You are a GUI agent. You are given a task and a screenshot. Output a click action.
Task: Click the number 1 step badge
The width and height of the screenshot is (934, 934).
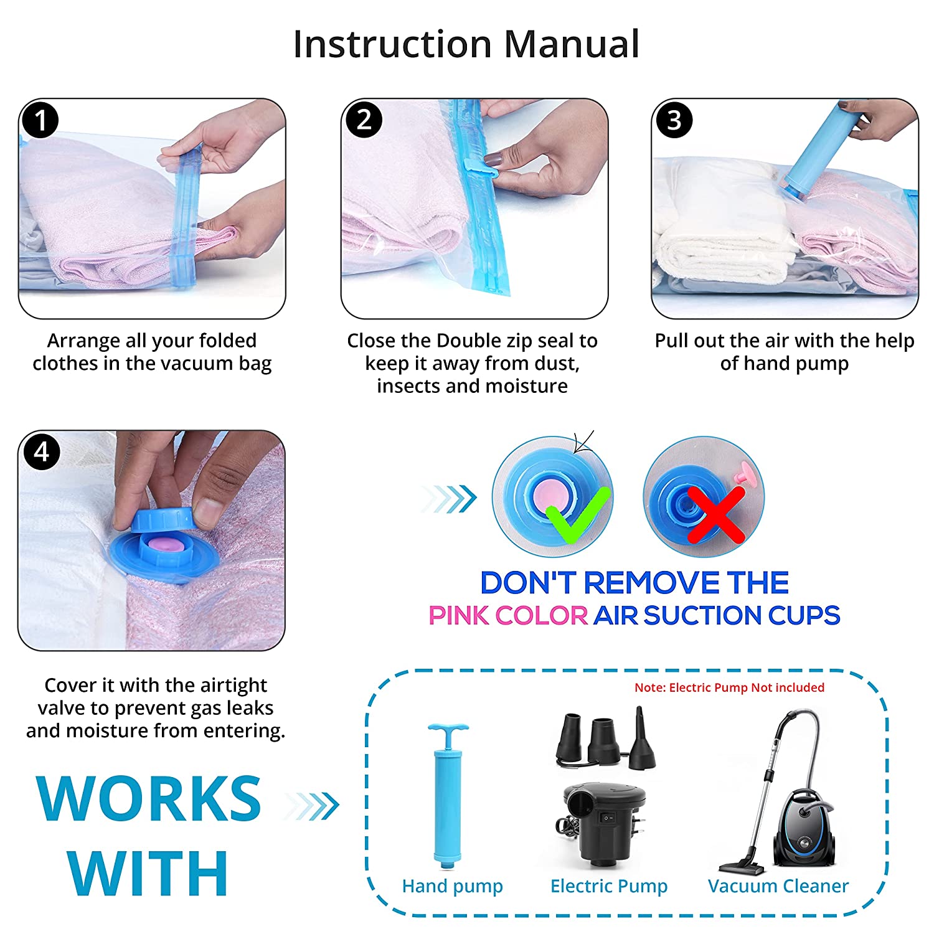click(x=40, y=120)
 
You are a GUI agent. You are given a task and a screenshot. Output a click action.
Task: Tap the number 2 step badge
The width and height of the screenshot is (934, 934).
click(x=364, y=120)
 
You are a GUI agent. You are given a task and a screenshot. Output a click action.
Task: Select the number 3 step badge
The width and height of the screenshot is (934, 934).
click(x=674, y=120)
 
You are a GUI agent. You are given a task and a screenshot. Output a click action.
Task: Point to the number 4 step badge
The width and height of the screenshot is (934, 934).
click(x=41, y=451)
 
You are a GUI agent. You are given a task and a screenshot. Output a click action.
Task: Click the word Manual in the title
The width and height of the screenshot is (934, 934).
click(x=572, y=44)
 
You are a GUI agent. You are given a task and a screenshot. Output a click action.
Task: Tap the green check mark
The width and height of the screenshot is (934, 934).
click(x=578, y=513)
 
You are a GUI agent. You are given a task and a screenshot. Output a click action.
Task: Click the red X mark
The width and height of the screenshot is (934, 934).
click(x=716, y=514)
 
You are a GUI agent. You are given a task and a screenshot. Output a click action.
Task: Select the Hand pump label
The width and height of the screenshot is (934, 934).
click(x=452, y=886)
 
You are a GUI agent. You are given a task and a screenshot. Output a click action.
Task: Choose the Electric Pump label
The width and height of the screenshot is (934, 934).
click(x=609, y=886)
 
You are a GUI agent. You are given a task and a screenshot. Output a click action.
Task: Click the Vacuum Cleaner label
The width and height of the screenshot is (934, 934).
click(x=778, y=886)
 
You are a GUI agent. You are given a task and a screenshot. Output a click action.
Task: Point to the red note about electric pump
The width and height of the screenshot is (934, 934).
click(x=729, y=687)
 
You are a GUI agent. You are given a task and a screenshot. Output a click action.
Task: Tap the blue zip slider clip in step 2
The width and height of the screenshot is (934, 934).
click(x=483, y=167)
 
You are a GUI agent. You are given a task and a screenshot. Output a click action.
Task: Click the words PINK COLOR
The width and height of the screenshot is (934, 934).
click(x=508, y=615)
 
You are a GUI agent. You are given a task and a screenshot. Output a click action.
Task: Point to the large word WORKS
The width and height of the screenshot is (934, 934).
click(x=149, y=798)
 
